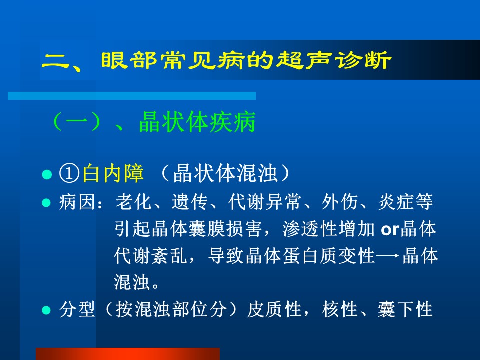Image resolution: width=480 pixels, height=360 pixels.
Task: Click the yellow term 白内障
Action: [113, 173]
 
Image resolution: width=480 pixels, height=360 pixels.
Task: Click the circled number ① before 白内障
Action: [70, 173]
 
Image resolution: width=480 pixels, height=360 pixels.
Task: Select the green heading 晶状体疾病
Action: [197, 122]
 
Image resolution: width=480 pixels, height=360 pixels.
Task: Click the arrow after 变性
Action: [388, 256]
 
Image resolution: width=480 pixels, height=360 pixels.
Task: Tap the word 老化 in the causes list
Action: [134, 202]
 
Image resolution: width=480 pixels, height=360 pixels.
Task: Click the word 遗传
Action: [190, 202]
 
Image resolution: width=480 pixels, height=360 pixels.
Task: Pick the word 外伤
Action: [340, 202]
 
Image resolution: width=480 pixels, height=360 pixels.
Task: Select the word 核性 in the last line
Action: [340, 309]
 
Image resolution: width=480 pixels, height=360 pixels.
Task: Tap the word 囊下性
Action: [405, 309]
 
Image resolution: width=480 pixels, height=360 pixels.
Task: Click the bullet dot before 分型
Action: [46, 310]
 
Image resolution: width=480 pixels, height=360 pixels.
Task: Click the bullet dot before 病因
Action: [46, 203]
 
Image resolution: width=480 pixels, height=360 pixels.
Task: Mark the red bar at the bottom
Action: [128, 354]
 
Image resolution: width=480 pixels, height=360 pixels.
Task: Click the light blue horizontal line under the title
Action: [132, 96]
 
